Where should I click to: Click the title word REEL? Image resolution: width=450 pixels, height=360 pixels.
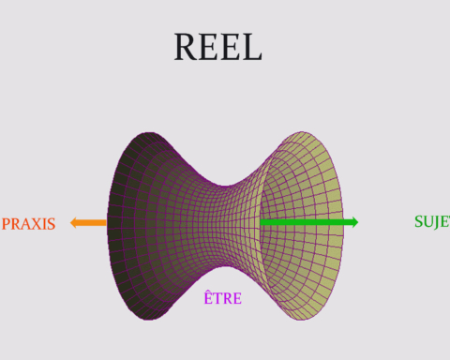(x=217, y=47)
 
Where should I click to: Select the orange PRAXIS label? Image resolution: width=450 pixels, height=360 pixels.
(x=28, y=224)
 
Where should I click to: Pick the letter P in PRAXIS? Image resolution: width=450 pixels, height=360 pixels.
(x=6, y=224)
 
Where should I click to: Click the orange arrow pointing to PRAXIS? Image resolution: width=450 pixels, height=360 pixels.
(x=88, y=223)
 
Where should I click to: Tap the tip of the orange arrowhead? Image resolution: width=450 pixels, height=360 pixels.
(x=70, y=223)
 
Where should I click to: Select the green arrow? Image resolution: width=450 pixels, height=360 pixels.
(x=309, y=222)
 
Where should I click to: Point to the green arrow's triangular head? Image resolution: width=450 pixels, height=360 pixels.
(x=355, y=222)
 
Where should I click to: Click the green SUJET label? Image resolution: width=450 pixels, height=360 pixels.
(x=432, y=221)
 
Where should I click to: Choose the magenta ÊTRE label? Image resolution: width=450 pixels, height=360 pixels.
(x=223, y=297)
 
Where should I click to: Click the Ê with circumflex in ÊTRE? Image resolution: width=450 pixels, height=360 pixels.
(x=208, y=297)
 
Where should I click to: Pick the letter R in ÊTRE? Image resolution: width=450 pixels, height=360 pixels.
(x=228, y=298)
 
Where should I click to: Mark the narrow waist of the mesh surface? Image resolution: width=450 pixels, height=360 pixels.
(x=225, y=226)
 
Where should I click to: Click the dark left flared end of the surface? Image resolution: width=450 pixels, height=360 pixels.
(x=125, y=226)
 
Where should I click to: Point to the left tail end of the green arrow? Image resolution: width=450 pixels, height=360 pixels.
(x=261, y=222)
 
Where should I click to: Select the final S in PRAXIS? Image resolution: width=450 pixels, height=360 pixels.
(x=52, y=224)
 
